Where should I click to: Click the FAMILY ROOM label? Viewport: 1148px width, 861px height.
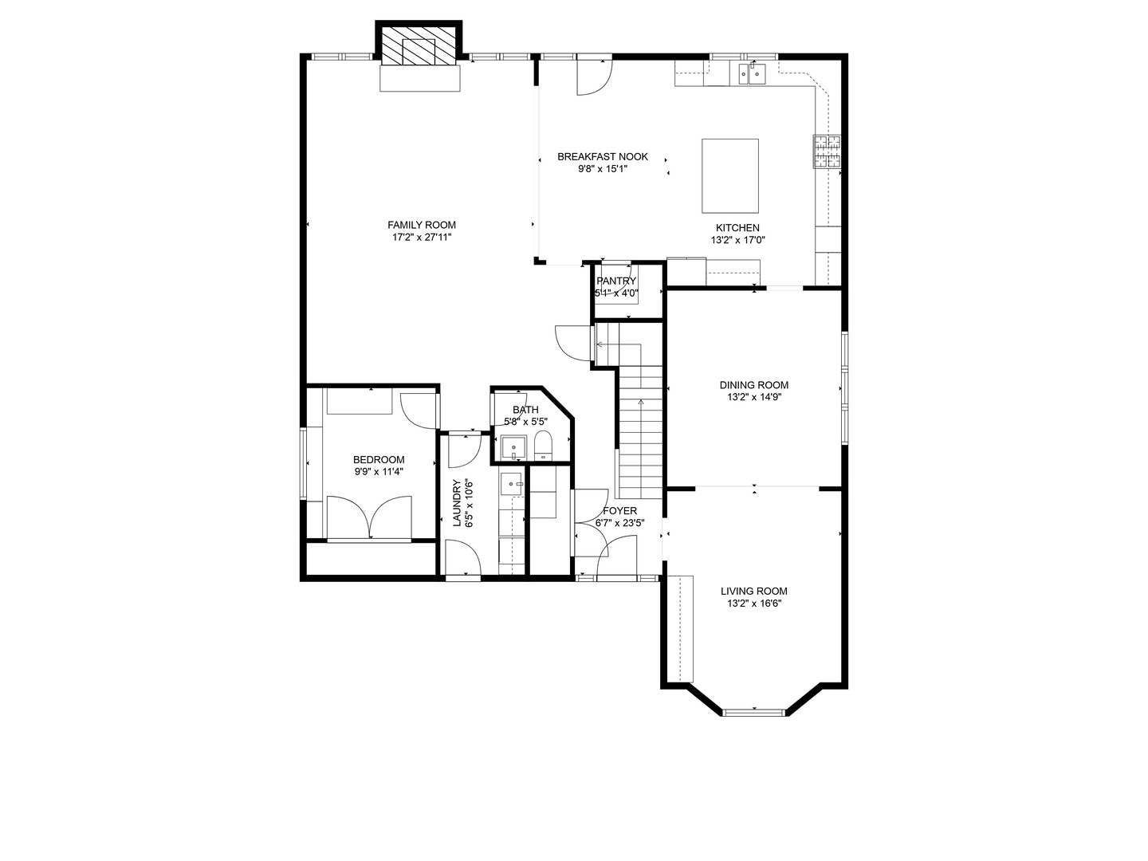(x=422, y=225)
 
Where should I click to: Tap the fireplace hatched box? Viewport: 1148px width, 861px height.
(x=419, y=49)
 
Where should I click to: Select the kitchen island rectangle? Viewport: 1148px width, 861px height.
(x=729, y=175)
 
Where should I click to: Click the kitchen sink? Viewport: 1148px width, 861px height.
(x=751, y=74)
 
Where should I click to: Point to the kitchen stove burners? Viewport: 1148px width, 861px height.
(x=827, y=151)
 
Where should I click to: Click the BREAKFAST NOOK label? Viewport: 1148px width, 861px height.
(x=602, y=156)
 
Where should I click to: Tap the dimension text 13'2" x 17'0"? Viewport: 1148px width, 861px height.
(x=738, y=240)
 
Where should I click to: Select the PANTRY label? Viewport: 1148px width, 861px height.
(x=616, y=281)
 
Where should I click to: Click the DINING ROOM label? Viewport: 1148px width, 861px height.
(x=753, y=385)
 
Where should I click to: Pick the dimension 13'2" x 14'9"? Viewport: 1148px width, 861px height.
(x=753, y=397)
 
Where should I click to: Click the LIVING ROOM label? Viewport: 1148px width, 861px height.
(x=753, y=591)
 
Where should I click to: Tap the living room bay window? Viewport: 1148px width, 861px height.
(x=753, y=710)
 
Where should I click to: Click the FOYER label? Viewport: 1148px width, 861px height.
(x=619, y=510)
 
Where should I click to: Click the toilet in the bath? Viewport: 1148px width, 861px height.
(x=543, y=445)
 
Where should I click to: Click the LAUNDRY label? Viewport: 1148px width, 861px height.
(x=458, y=502)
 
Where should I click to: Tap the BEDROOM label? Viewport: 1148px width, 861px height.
(x=379, y=459)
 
